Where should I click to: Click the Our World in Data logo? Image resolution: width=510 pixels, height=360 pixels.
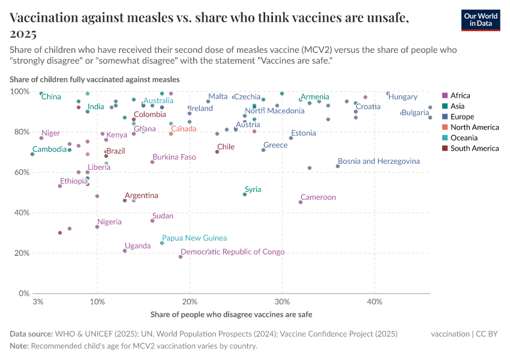(x=481, y=20)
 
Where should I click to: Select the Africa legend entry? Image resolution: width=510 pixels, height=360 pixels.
(x=460, y=95)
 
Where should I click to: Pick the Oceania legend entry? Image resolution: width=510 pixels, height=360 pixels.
(x=463, y=137)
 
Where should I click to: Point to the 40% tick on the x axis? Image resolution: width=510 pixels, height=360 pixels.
(x=374, y=301)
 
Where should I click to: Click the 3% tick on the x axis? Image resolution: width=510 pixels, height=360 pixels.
(x=38, y=301)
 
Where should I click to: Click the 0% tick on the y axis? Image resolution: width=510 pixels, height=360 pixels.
(x=24, y=293)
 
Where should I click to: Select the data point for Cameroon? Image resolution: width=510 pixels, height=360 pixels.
(x=301, y=202)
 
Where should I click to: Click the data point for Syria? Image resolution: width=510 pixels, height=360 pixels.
(x=245, y=194)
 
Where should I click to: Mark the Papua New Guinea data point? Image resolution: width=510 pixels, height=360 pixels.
(x=162, y=243)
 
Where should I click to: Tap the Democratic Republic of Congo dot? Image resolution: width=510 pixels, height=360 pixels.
(x=181, y=257)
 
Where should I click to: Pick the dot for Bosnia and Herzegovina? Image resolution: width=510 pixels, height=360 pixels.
(x=338, y=166)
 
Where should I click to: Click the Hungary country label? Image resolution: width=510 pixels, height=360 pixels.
(x=403, y=97)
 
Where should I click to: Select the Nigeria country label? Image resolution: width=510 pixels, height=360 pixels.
(x=109, y=221)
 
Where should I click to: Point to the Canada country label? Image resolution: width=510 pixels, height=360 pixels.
(x=184, y=128)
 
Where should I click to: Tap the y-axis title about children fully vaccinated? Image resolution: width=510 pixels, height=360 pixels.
(x=94, y=79)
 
